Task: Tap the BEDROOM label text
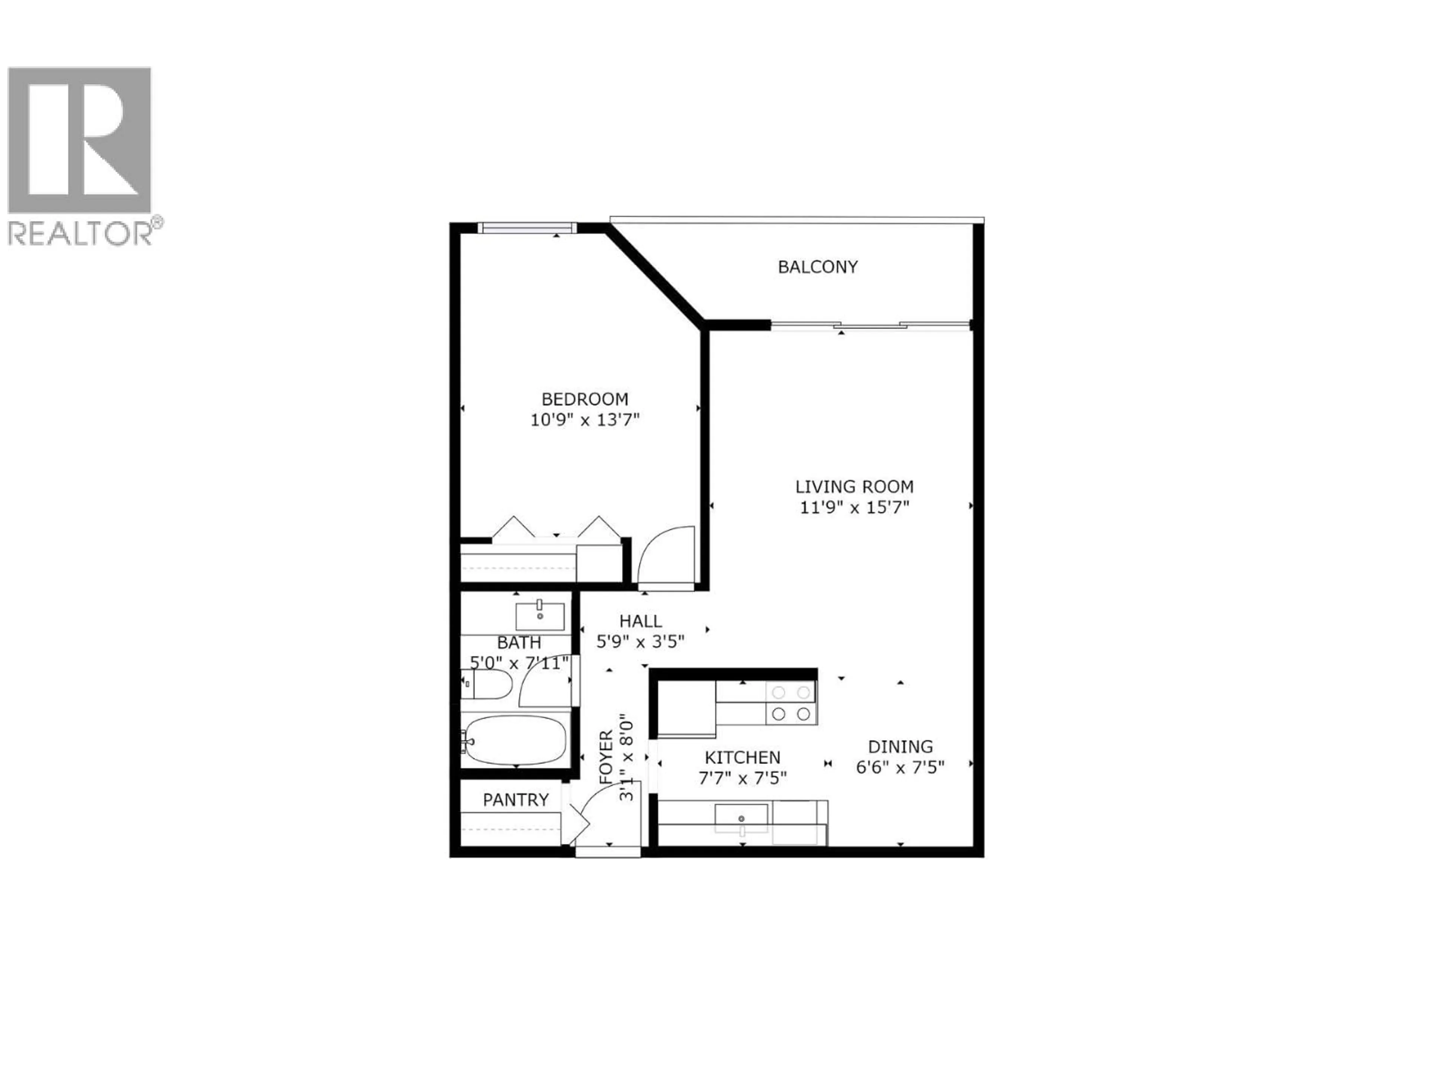pyautogui.click(x=585, y=399)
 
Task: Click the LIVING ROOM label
pyautogui.click(x=855, y=486)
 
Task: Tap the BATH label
pyautogui.click(x=519, y=643)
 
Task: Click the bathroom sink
pyautogui.click(x=539, y=616)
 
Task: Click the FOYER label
pyautogui.click(x=606, y=757)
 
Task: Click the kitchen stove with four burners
pyautogui.click(x=791, y=703)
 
